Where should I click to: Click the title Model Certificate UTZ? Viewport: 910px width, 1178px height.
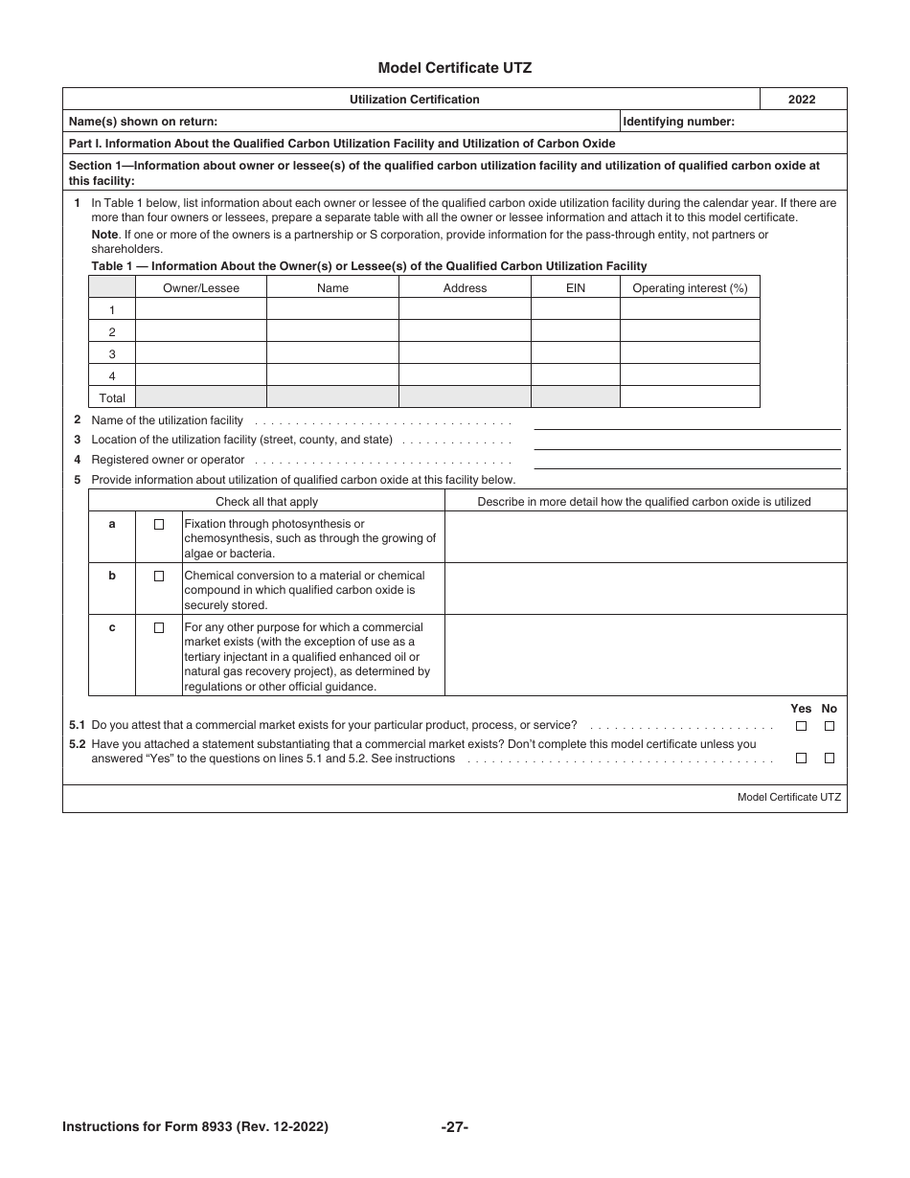tap(454, 68)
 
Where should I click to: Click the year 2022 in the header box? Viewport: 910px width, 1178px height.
tap(802, 100)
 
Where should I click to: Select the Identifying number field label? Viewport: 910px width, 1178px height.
tap(679, 122)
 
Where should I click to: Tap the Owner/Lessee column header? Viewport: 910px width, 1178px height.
tap(201, 287)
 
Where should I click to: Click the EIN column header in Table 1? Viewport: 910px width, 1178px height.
tap(575, 287)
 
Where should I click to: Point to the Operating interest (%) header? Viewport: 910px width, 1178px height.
tap(690, 287)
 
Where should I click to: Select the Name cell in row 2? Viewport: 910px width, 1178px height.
tap(332, 331)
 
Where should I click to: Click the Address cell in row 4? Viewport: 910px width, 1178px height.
tap(465, 375)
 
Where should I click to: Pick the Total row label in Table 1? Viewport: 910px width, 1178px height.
tap(112, 397)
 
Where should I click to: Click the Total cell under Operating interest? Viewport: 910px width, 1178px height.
tap(690, 397)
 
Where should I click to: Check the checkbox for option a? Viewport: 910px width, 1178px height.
tap(159, 525)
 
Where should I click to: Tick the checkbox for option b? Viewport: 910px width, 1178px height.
tap(159, 577)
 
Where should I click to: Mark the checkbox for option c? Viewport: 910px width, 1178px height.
tap(159, 628)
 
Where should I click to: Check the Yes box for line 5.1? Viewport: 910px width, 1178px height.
tap(801, 726)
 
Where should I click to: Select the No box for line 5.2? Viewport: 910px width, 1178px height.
tap(830, 759)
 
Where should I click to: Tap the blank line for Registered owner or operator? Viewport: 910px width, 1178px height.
tap(687, 462)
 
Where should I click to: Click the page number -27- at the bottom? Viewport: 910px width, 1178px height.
tap(454, 1127)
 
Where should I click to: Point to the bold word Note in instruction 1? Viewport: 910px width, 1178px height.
tap(104, 235)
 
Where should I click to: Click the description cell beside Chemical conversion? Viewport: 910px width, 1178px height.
tap(646, 588)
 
